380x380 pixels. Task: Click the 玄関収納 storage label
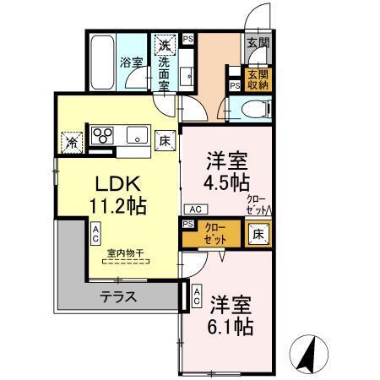pyautogui.click(x=255, y=79)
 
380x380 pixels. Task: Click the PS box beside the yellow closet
pyautogui.click(x=187, y=225)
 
